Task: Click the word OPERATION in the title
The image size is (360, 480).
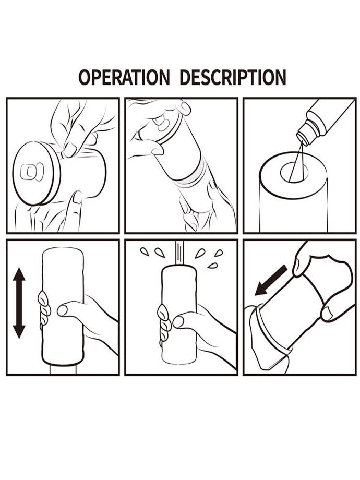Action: (124, 77)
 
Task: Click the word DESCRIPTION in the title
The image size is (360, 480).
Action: (233, 77)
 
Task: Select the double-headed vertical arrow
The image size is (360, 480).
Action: (19, 303)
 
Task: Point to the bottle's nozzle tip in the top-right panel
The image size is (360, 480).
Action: (302, 136)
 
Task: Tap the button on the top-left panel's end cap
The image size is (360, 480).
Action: (32, 172)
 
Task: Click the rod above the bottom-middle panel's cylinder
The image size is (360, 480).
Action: (179, 254)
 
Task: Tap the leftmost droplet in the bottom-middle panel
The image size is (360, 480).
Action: (143, 252)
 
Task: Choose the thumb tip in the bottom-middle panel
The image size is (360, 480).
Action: (178, 322)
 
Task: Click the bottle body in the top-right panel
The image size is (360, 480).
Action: (330, 119)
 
